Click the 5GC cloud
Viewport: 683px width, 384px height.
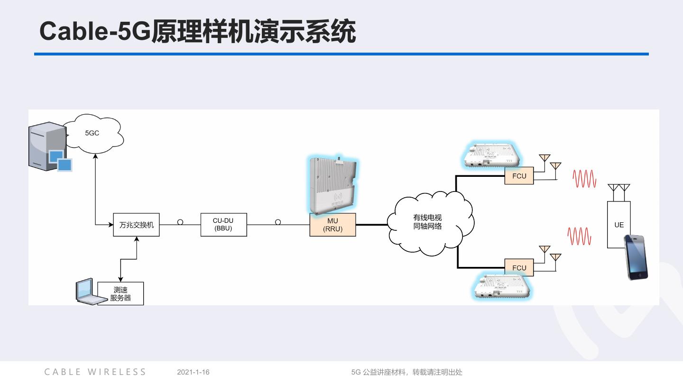coord(93,133)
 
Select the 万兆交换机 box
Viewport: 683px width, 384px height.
coord(137,225)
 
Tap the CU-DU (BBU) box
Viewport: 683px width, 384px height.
coord(223,225)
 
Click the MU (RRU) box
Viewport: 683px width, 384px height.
coord(332,225)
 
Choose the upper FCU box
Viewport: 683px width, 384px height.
coord(519,176)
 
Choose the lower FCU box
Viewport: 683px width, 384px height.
coord(519,268)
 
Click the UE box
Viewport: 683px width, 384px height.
coord(619,224)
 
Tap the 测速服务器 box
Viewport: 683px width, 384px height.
coord(120,294)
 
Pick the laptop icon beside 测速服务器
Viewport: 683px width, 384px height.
coord(88,291)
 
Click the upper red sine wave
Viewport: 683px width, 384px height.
coord(584,179)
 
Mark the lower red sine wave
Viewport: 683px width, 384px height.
coord(579,236)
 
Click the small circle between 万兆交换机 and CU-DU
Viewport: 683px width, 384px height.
coord(180,222)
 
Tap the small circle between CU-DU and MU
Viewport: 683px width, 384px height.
coord(278,222)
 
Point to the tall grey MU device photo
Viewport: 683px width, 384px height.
coord(332,185)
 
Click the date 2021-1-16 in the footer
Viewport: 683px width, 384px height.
coord(193,372)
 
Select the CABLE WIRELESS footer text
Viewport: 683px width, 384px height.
coord(95,372)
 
